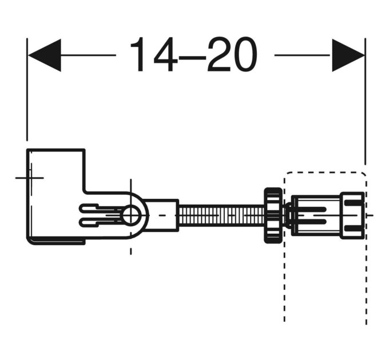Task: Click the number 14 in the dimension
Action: click(154, 54)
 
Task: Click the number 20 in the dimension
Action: click(233, 54)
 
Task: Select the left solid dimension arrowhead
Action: click(45, 55)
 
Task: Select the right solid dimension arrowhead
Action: click(348, 55)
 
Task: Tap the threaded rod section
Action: click(221, 214)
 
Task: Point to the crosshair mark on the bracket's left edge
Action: click(30, 178)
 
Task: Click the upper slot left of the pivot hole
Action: click(99, 207)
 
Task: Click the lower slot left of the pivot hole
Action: click(99, 222)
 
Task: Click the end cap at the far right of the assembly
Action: click(352, 215)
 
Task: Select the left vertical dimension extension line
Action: click(27, 89)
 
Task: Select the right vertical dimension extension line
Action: click(365, 101)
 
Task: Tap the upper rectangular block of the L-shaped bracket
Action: click(56, 170)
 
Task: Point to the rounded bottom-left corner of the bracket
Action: click(29, 242)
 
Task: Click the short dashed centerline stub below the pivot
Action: click(131, 251)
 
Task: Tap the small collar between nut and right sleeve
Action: click(288, 214)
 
